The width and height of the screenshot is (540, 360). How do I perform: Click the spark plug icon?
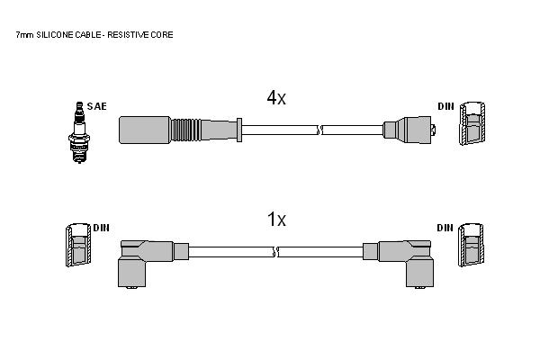pos(79,132)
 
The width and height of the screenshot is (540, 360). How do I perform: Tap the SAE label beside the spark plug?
pos(97,106)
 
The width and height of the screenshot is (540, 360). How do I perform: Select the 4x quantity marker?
pos(276,98)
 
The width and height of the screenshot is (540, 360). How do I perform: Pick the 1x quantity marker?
pos(276,219)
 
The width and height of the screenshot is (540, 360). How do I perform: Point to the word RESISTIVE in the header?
pos(125,35)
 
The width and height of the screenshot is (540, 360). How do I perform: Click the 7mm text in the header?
pos(25,35)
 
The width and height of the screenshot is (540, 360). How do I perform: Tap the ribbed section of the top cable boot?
pos(184,130)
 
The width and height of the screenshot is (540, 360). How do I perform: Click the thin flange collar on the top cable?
pos(239,130)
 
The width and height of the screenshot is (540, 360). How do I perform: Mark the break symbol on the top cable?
pos(319,130)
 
